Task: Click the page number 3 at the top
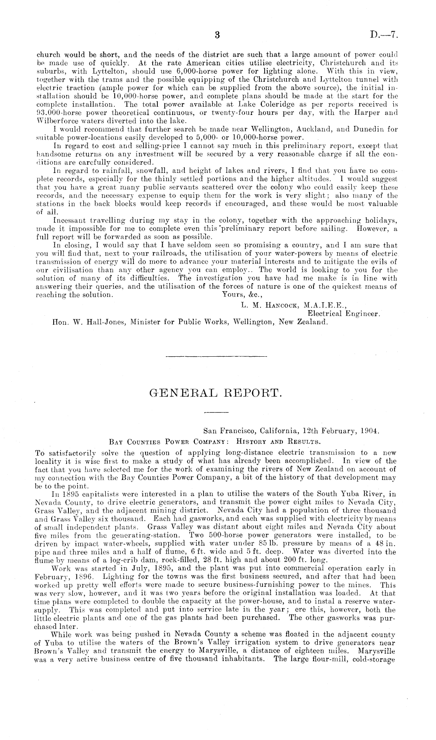(218, 35)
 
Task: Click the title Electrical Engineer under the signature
(344, 313)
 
